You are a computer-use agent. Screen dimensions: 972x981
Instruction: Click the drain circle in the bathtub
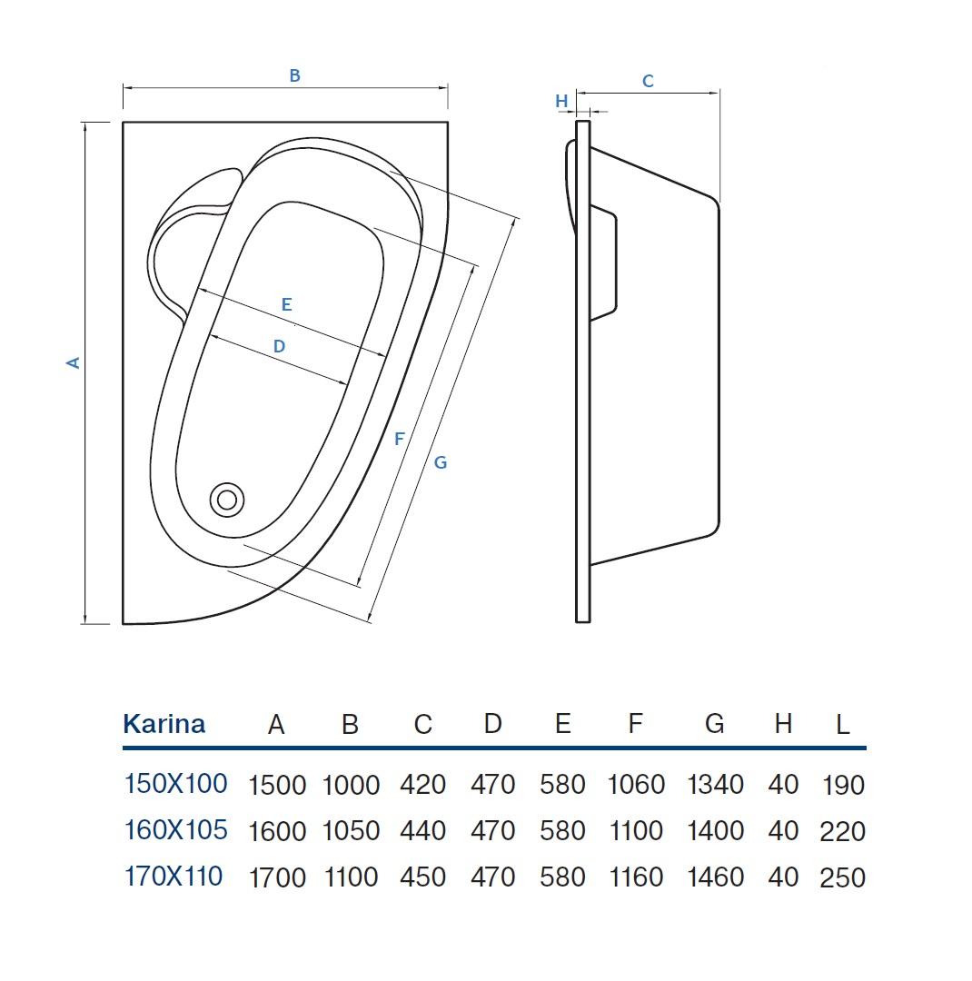coord(226,500)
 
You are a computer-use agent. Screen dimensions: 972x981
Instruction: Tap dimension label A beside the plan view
coord(74,362)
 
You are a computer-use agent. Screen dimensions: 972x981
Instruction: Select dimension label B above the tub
coord(295,75)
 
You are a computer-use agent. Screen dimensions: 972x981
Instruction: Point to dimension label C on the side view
coord(648,82)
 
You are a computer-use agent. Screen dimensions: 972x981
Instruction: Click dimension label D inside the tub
coord(279,346)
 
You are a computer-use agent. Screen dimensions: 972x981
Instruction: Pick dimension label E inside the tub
coord(287,304)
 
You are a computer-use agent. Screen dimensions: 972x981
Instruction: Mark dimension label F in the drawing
coord(400,440)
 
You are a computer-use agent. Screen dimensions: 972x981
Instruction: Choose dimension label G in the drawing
coord(440,463)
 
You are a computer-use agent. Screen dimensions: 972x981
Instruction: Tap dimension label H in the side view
coord(561,101)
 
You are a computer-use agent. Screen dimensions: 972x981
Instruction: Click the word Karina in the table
coord(164,724)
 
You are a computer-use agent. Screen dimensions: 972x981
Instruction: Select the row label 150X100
coord(176,784)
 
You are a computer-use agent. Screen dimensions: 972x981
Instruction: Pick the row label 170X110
coord(174,877)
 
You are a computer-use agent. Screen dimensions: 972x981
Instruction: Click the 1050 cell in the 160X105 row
coord(352,831)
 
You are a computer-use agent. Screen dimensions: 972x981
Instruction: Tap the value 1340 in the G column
coord(715,785)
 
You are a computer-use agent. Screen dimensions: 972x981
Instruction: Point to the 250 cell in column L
coord(842,877)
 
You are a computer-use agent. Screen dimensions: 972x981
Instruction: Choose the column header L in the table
coord(843,725)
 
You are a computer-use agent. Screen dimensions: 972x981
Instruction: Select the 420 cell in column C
coord(423,785)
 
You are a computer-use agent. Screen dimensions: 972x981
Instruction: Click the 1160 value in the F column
coord(636,877)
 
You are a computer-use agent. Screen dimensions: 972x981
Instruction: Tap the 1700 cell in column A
coord(277,877)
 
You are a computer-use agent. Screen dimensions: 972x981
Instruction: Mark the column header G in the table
coord(715,724)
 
